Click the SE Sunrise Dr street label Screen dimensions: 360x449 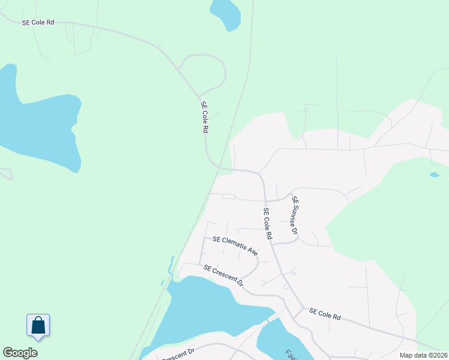click(x=295, y=215)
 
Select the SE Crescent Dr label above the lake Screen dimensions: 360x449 click(x=223, y=275)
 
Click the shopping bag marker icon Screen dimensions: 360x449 click(x=38, y=325)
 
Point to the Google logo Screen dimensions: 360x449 click(x=20, y=353)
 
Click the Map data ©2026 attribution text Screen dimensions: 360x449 click(x=423, y=355)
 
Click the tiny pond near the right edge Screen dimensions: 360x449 click(x=434, y=175)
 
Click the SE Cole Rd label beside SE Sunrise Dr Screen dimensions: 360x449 click(x=268, y=224)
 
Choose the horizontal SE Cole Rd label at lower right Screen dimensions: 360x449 click(x=325, y=314)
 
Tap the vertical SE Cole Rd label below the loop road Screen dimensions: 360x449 click(x=205, y=118)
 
